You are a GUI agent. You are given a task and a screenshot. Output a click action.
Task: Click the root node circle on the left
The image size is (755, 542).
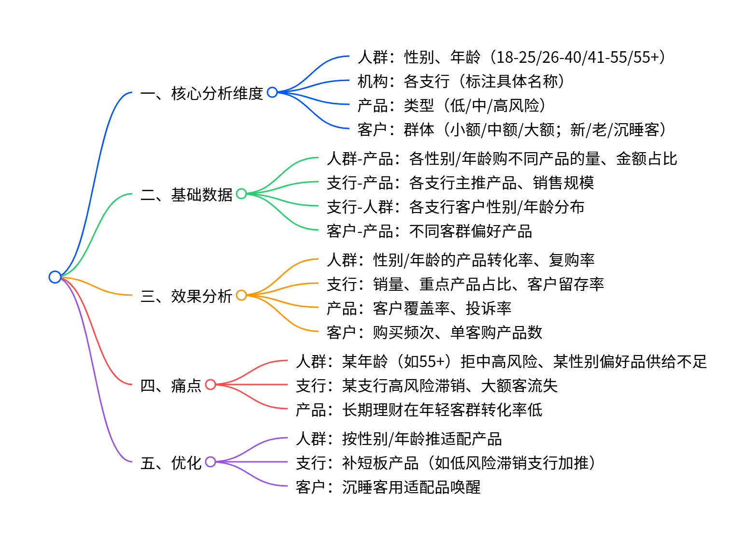pos(55,277)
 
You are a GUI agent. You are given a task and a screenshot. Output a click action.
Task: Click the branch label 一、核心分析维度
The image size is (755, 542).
pos(202,93)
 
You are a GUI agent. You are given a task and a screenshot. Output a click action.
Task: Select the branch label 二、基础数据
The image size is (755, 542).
pos(186,194)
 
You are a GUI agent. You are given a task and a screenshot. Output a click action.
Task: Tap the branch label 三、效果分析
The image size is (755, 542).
pos(186,296)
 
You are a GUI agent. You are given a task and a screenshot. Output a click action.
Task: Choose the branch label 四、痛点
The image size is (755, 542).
pos(171,385)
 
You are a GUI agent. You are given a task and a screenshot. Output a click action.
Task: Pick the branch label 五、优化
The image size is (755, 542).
pos(171,462)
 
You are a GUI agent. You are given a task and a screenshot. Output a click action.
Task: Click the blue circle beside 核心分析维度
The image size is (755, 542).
pos(272,92)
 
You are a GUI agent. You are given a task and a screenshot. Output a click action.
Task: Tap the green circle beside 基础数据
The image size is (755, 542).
pos(241,194)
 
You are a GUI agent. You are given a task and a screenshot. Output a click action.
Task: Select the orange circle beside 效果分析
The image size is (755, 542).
pos(241,295)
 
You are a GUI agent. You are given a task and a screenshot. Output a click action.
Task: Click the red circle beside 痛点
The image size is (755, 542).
pos(210,385)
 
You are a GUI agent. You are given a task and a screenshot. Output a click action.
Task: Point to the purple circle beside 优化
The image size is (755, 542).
pos(210,462)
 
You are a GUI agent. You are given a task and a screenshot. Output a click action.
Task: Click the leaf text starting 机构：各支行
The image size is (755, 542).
pos(461,81)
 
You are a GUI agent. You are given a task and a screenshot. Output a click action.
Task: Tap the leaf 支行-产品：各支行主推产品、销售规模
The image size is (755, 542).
pos(460,183)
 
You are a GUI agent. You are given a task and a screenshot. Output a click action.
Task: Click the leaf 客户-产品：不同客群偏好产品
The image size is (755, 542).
pos(429,231)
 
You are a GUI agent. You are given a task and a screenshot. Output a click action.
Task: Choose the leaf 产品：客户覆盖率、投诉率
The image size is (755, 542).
pos(419,308)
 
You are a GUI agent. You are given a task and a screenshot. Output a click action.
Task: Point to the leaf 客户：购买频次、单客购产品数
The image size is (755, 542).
pos(434,332)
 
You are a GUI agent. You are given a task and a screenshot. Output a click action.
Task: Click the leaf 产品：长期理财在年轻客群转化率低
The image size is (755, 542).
pos(419,410)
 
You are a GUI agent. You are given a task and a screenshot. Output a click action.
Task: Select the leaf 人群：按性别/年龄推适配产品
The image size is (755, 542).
pos(399,439)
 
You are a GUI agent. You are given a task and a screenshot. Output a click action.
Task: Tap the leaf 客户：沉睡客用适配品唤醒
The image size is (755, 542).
pos(388,487)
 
